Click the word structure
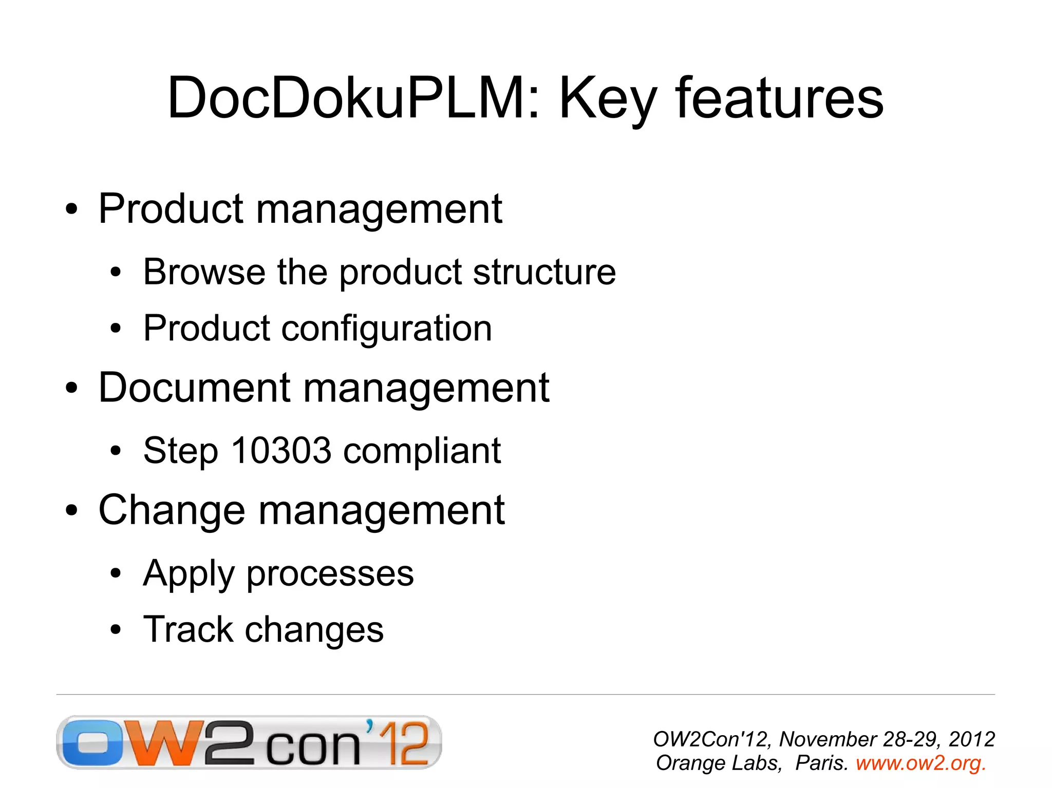[544, 272]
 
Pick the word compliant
[422, 451]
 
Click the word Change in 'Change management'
[172, 510]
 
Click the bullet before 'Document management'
[71, 389]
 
